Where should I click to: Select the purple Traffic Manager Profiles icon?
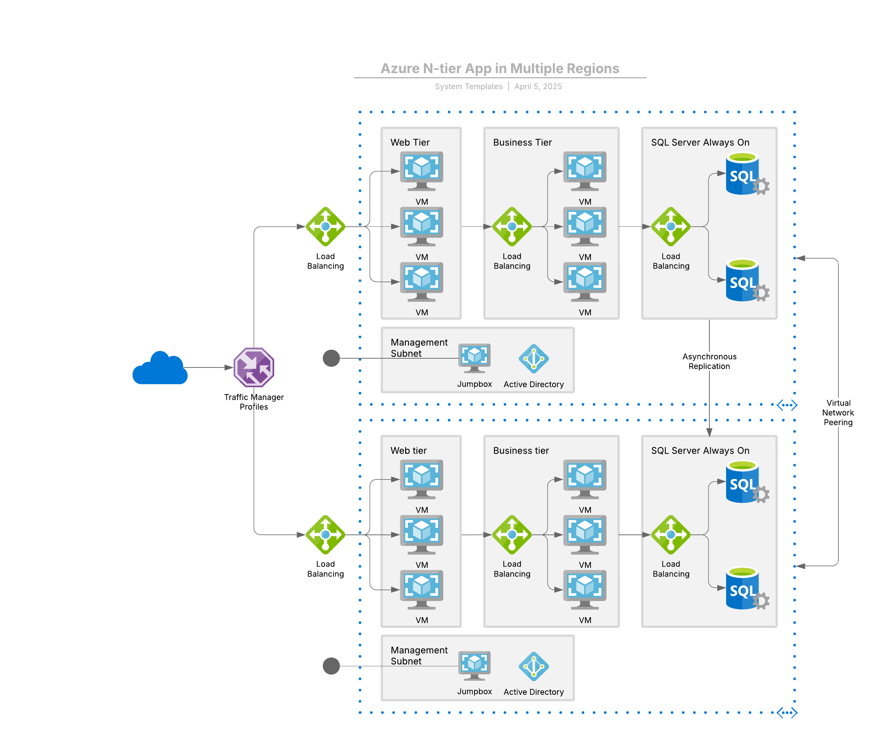tap(254, 367)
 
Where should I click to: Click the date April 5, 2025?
tap(538, 86)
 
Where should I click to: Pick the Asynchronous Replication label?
tap(709, 361)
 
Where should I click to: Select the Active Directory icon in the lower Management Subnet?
tap(533, 666)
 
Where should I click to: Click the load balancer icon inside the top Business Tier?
tap(512, 226)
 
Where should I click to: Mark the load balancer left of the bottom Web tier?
tap(325, 534)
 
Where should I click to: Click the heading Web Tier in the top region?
tap(410, 143)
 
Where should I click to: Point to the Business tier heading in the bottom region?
tap(520, 450)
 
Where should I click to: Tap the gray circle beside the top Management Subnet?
tap(331, 358)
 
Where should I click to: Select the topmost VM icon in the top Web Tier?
tap(421, 171)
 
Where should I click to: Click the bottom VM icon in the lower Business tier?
tap(584, 589)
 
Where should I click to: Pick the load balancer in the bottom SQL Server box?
tap(670, 534)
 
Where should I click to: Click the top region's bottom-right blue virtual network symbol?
tap(786, 405)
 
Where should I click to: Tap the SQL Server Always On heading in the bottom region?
tap(700, 450)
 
